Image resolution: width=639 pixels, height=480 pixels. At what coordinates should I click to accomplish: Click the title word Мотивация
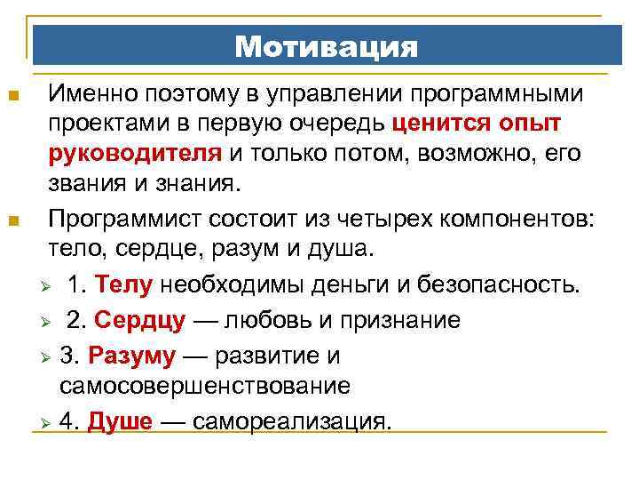coord(326,46)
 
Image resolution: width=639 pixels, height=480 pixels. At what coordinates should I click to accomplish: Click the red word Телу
coord(124,286)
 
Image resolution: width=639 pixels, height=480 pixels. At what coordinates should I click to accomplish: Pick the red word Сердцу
coord(139,320)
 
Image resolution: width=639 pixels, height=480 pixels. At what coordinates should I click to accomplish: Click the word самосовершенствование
coord(204,387)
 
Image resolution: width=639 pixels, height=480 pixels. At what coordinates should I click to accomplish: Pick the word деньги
coord(327,286)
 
